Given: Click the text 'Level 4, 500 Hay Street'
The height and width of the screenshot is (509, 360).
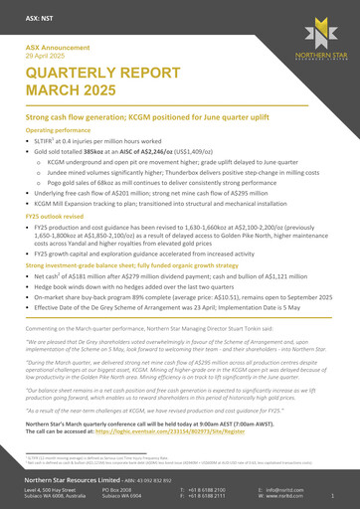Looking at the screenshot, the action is (x=53, y=490).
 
